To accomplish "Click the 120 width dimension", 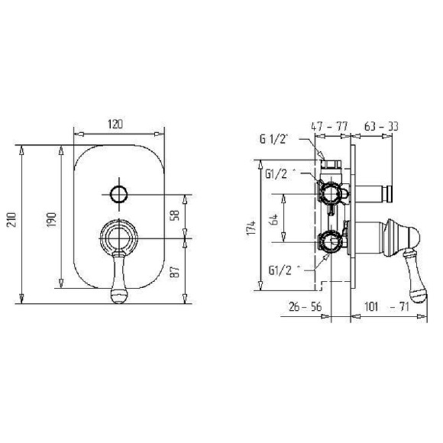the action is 115,124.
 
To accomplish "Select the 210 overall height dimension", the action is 12,219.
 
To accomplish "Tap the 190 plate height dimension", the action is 52,219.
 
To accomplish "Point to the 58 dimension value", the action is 175,215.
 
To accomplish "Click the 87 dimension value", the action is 175,271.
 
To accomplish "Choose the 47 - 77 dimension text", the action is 329,126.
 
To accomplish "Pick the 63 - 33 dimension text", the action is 381,126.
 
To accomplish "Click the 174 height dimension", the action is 251,228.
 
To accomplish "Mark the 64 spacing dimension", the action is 273,219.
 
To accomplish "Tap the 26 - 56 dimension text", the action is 305,306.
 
